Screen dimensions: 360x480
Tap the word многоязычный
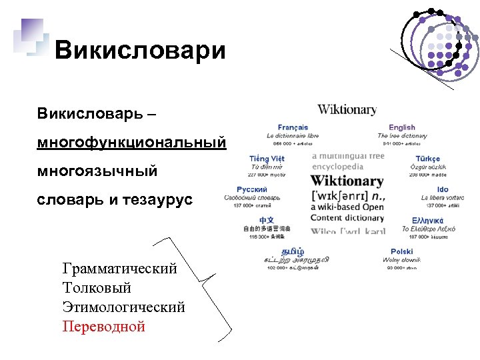pyautogui.click(x=97, y=171)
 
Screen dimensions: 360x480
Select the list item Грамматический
pyautogui.click(x=120, y=269)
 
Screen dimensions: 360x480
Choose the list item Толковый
pyautogui.click(x=97, y=288)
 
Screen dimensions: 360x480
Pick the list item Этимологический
pyautogui.click(x=123, y=307)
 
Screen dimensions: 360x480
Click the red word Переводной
pyautogui.click(x=103, y=327)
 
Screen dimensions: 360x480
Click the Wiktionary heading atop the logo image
pyautogui.click(x=347, y=109)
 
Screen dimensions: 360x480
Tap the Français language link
pyautogui.click(x=293, y=127)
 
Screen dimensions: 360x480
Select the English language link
pyautogui.click(x=401, y=127)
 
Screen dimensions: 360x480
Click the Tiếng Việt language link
pyautogui.click(x=267, y=159)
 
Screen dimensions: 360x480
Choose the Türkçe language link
pyautogui.click(x=427, y=159)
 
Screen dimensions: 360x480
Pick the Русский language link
pyautogui.click(x=252, y=190)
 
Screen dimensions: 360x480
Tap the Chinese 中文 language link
pyautogui.click(x=267, y=220)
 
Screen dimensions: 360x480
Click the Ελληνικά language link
pyautogui.click(x=429, y=220)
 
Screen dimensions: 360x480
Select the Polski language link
pyautogui.click(x=402, y=252)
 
